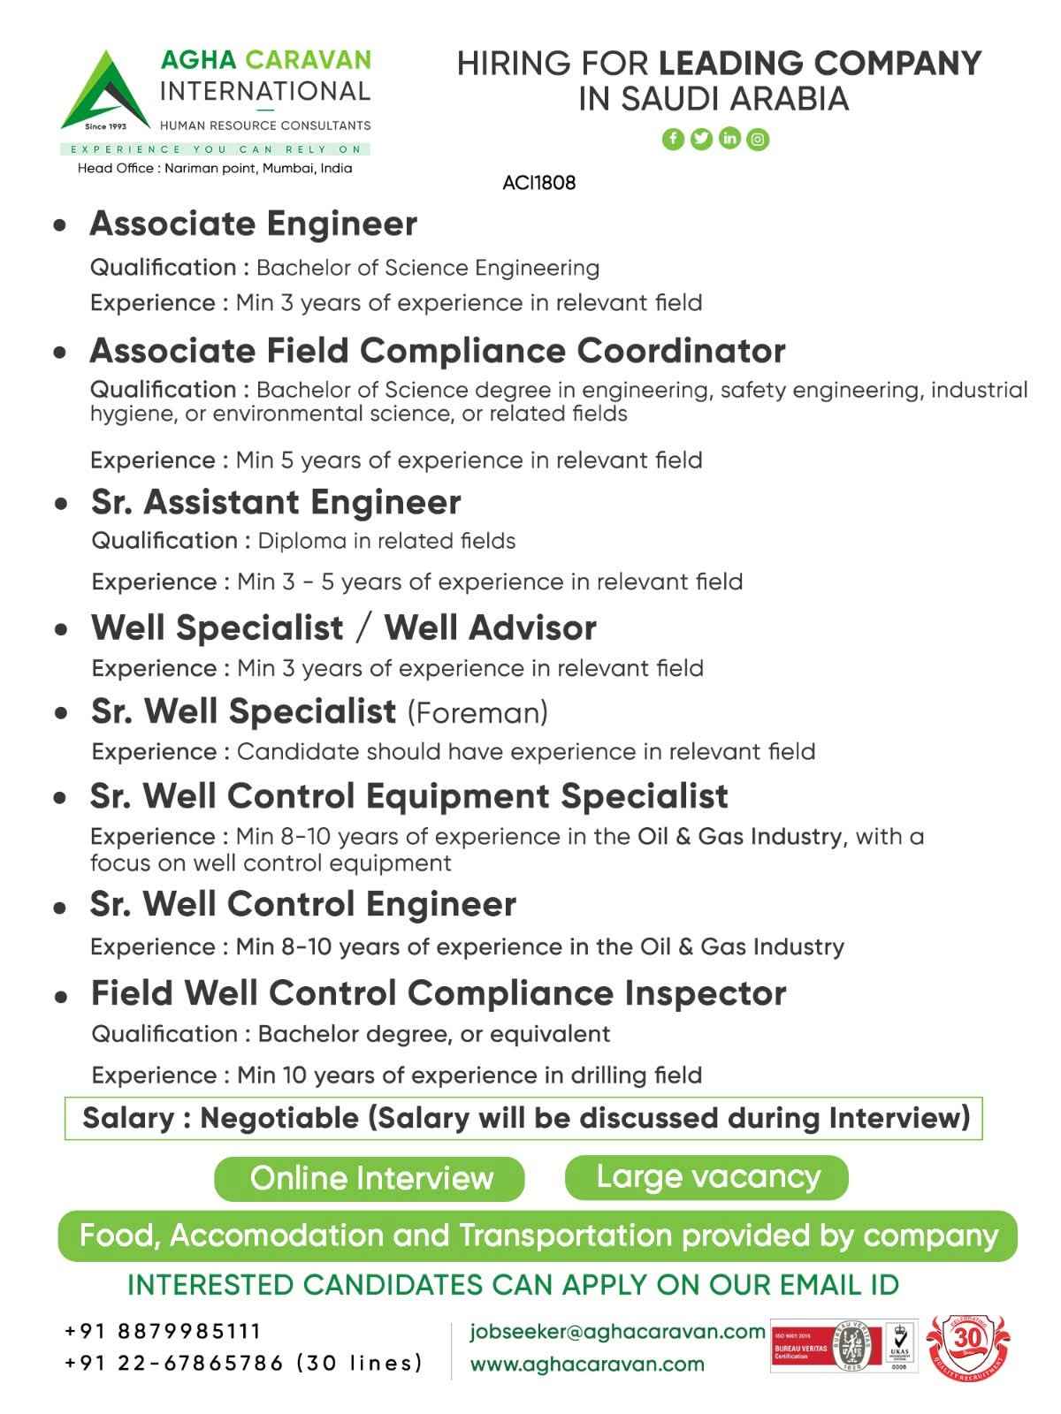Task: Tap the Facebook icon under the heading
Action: pos(673,139)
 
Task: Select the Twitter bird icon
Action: pos(701,139)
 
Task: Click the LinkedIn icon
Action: pos(729,139)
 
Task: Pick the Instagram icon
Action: pos(758,139)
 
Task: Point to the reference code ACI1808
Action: pos(538,183)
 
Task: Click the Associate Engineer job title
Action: pos(253,224)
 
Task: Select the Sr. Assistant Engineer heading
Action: pos(276,502)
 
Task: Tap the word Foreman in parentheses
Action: pos(477,711)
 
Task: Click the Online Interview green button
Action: pos(370,1178)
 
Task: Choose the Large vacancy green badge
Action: pos(706,1177)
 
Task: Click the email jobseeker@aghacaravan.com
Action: pos(617,1331)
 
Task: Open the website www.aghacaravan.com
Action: pos(587,1364)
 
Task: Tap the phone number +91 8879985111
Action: pos(164,1331)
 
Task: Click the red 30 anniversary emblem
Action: pos(968,1344)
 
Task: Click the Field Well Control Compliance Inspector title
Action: pos(438,993)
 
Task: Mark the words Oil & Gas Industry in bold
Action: pos(739,836)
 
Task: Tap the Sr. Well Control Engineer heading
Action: pos(302,904)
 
